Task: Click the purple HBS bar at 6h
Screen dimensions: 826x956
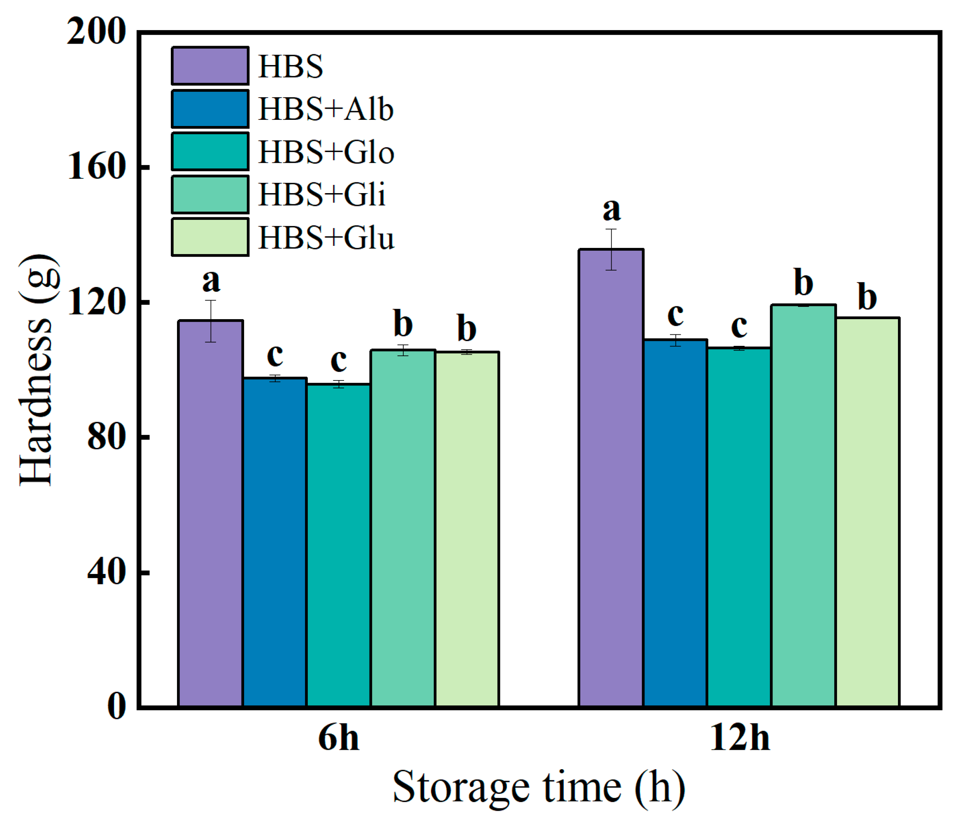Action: click(x=210, y=513)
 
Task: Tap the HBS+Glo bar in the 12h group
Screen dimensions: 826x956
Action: click(x=739, y=526)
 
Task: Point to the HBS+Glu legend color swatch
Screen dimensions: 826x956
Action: click(x=210, y=237)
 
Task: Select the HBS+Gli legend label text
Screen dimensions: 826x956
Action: click(x=321, y=194)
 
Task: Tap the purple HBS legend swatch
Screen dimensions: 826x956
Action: click(x=210, y=65)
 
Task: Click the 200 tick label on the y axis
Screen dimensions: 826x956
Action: click(x=96, y=32)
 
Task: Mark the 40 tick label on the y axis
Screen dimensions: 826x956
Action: click(x=106, y=572)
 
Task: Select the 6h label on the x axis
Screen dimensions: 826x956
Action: click(x=338, y=738)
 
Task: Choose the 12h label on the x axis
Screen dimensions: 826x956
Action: click(x=740, y=738)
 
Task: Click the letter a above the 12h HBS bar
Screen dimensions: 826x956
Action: click(x=612, y=210)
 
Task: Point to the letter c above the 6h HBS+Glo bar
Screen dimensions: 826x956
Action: click(x=339, y=361)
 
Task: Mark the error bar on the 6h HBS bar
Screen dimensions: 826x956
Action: click(x=211, y=321)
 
